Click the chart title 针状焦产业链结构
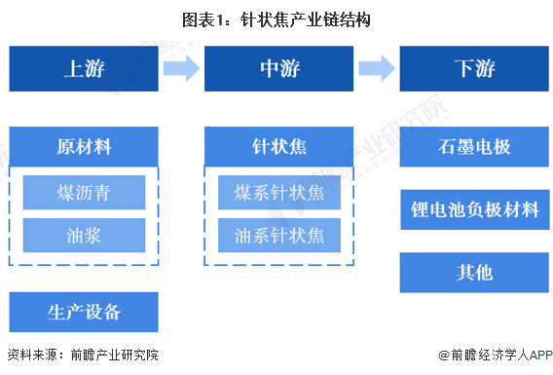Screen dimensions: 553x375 [306, 19]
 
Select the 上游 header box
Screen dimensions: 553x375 [84, 68]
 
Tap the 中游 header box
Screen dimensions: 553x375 [279, 68]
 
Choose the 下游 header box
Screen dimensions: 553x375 [474, 68]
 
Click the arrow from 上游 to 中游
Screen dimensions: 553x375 [182, 68]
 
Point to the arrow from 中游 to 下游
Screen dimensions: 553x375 [377, 68]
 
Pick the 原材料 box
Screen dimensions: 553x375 [84, 146]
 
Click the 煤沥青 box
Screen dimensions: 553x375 [84, 192]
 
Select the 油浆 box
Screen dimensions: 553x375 [84, 236]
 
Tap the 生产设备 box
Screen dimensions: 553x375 [84, 312]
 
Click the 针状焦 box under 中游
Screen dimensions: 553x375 [279, 146]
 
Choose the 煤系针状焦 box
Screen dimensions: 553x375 [279, 192]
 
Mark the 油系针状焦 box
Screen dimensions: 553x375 [279, 236]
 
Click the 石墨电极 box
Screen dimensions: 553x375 [474, 146]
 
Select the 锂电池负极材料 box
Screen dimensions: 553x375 [475, 209]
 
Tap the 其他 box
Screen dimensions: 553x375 [474, 273]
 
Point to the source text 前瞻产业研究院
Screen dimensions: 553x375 [115, 355]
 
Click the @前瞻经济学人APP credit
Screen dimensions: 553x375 [496, 355]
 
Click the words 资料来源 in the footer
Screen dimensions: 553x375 [32, 355]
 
